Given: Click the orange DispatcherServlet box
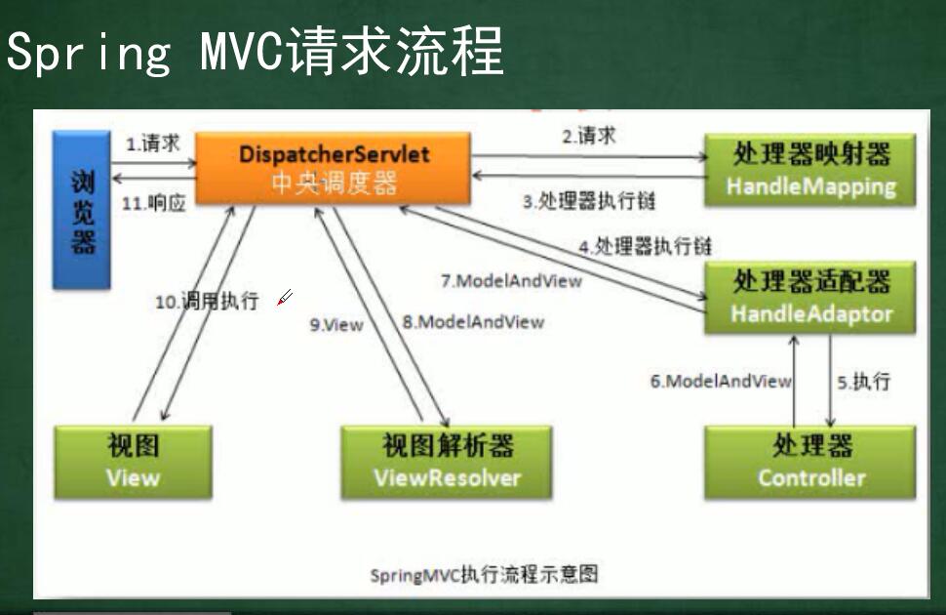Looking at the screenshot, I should (x=335, y=168).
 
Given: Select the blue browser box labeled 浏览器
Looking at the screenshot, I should (x=82, y=210).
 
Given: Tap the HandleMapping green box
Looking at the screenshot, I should (x=810, y=170).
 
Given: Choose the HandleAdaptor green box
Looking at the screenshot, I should (x=810, y=298).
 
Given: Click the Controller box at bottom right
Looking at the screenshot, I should (x=810, y=462).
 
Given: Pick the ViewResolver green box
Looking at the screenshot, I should (x=447, y=462).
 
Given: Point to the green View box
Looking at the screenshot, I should (x=133, y=462).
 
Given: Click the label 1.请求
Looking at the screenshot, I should (x=153, y=143).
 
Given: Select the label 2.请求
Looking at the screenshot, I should (x=588, y=136).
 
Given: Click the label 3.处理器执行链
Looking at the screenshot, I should (x=588, y=202).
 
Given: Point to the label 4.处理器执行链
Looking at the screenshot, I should (x=645, y=246).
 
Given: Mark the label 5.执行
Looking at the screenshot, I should (x=864, y=381).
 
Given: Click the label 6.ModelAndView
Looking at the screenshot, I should (x=721, y=382).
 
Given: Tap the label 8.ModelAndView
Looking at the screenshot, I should (x=473, y=321).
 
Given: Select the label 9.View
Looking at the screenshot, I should (x=336, y=324).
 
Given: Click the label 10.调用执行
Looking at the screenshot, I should (x=207, y=301).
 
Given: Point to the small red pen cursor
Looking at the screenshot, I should (x=284, y=298).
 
